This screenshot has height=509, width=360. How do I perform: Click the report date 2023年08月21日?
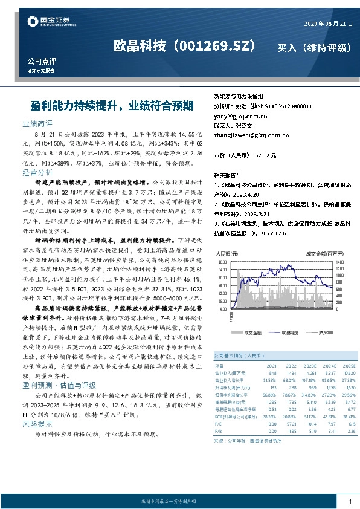click(328, 23)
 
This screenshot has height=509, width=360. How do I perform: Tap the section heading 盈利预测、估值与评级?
click(59, 384)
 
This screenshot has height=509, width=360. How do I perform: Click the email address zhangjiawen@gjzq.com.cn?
click(252, 136)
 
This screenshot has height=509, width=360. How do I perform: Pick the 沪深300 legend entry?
click(319, 332)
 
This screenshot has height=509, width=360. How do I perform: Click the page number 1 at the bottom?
click(350, 501)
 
